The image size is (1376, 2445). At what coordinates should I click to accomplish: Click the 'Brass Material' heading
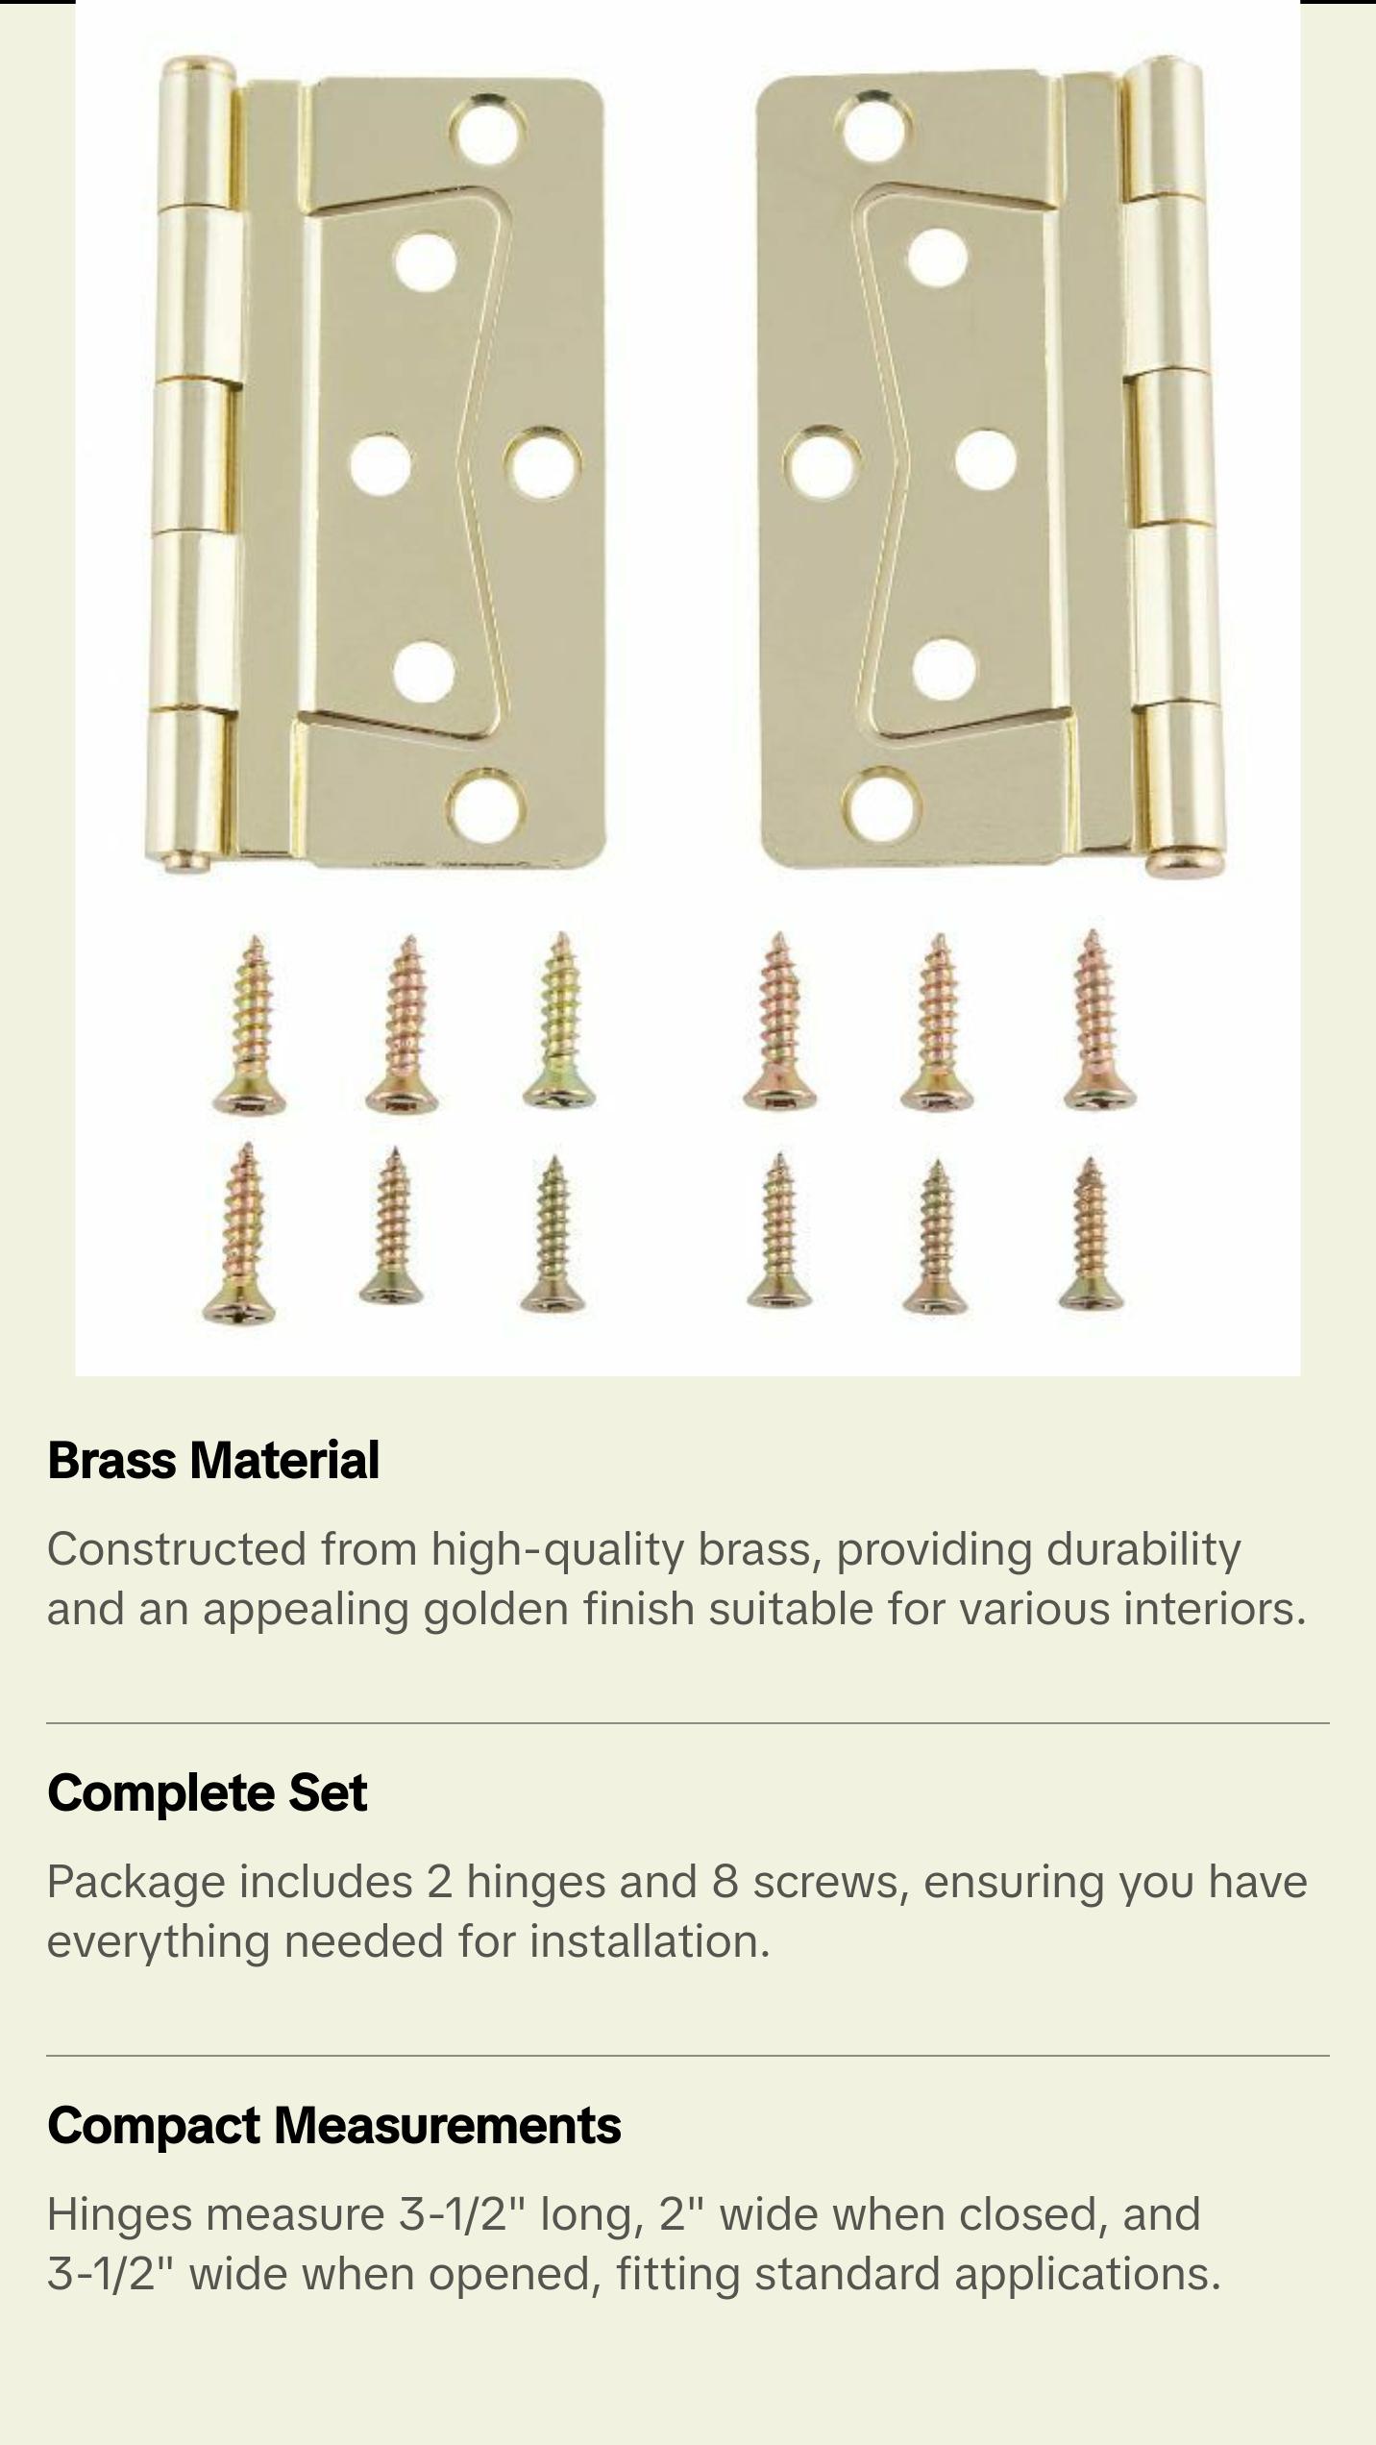click(213, 1460)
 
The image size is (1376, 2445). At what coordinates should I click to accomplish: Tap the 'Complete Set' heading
click(207, 1792)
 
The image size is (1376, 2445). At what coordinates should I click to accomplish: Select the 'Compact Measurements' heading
click(333, 2125)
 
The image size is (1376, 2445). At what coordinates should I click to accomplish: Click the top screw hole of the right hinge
click(872, 126)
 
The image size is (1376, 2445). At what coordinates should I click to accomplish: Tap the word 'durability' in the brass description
click(1143, 1549)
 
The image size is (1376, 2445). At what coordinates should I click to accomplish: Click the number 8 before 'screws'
click(725, 1882)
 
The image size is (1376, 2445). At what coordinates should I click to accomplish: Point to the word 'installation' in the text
click(649, 1941)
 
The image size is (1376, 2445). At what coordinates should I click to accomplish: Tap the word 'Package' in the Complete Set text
click(135, 1882)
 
